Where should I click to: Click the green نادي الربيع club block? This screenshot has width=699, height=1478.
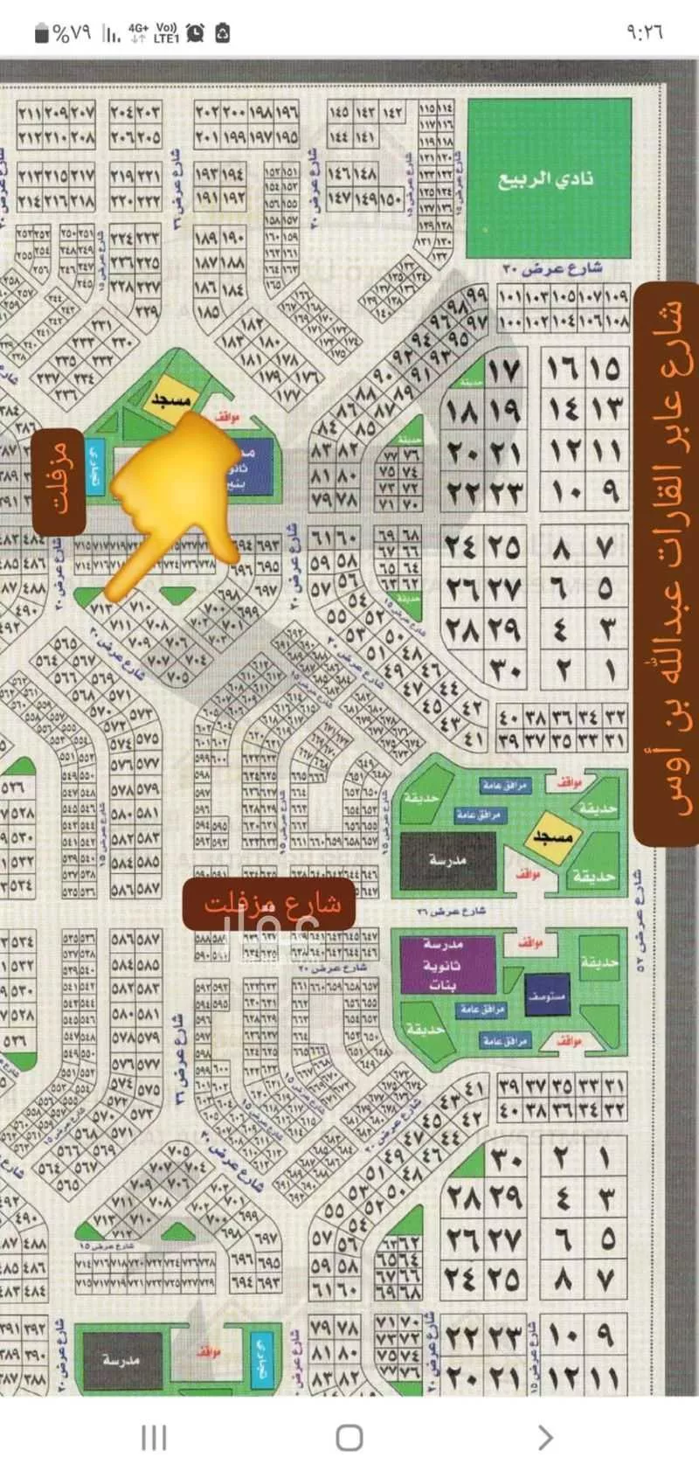549,177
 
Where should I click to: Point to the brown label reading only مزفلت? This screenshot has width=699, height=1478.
59,481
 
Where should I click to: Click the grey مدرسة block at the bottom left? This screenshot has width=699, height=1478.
121,1360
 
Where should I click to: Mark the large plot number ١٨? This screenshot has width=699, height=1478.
461,410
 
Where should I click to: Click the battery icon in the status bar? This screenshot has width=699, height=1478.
41,33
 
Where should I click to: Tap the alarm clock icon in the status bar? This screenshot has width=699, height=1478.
195,33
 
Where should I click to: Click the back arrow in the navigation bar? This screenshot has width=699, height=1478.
544,1437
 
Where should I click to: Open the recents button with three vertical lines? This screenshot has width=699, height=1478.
154,1437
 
